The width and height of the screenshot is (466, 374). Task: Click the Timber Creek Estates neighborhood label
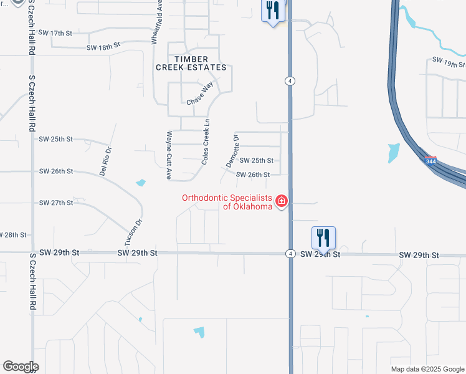[191, 63]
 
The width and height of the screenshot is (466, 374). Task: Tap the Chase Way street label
[200, 93]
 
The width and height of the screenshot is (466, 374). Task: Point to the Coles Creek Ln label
[205, 142]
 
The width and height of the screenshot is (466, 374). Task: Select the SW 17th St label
[55, 32]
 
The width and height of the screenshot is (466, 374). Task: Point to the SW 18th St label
[103, 46]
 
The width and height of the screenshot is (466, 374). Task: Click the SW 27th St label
[56, 203]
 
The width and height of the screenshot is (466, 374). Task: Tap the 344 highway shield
[430, 161]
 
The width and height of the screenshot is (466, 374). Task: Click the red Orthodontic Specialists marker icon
[282, 201]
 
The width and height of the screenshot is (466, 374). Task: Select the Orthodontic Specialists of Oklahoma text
[227, 203]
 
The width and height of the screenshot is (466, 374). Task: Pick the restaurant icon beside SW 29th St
[323, 237]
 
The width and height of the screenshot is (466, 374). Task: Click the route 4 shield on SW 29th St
[290, 254]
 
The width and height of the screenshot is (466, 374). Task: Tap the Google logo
[21, 367]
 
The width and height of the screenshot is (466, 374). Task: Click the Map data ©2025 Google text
[427, 369]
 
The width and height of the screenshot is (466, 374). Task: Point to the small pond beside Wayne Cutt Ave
[141, 183]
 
